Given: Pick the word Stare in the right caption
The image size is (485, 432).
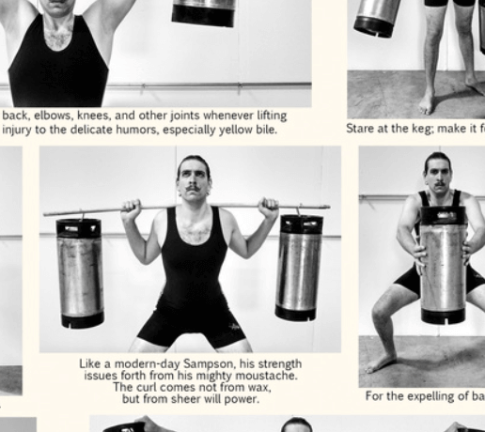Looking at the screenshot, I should coord(362,129).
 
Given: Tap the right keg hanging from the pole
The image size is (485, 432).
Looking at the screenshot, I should coord(299,268).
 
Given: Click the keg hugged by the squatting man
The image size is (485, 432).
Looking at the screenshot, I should coord(443,265).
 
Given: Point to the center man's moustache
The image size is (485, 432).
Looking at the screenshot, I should coord(193,187).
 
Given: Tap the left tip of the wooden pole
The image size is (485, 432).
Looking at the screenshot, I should coord(45,213).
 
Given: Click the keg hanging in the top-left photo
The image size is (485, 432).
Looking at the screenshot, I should coord(204,13).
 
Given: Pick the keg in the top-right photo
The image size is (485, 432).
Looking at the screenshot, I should coord(376,17).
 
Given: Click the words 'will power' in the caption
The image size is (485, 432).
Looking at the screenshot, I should coord(225,399).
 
